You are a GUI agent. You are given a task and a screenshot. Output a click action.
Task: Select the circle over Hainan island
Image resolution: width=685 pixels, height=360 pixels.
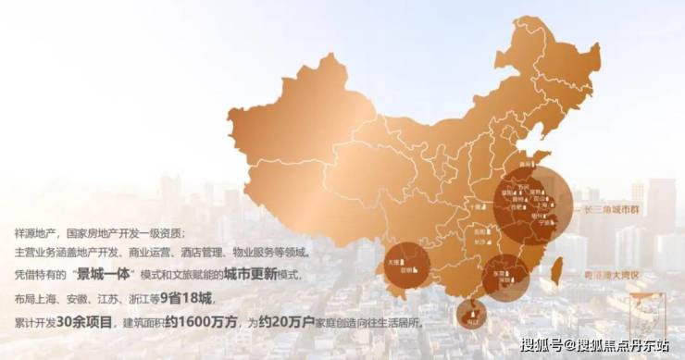coord(472,315)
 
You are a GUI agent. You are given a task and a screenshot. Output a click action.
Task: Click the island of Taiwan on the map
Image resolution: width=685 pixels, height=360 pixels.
coord(557,269)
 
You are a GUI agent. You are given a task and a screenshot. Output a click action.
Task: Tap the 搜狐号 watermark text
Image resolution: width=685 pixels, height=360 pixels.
coord(538,347)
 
